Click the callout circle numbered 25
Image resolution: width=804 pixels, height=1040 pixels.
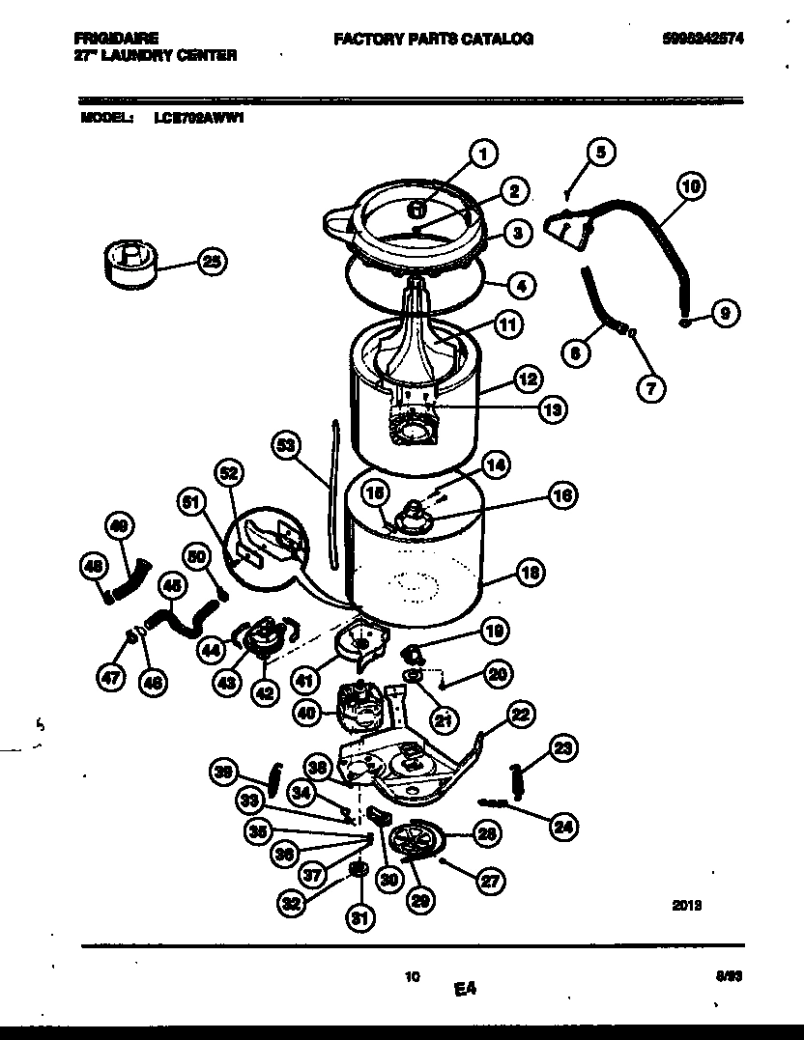(212, 260)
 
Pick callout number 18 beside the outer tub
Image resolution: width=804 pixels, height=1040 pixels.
(529, 573)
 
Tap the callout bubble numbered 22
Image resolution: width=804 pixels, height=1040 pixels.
(520, 715)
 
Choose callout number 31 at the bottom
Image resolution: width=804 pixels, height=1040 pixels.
(359, 918)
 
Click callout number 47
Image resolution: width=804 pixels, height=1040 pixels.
(111, 679)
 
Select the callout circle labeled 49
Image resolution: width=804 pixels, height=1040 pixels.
(118, 527)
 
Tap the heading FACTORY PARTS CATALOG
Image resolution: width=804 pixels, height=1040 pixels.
(433, 39)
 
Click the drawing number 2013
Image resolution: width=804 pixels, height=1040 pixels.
(685, 905)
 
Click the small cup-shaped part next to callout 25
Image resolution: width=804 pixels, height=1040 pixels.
(130, 264)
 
